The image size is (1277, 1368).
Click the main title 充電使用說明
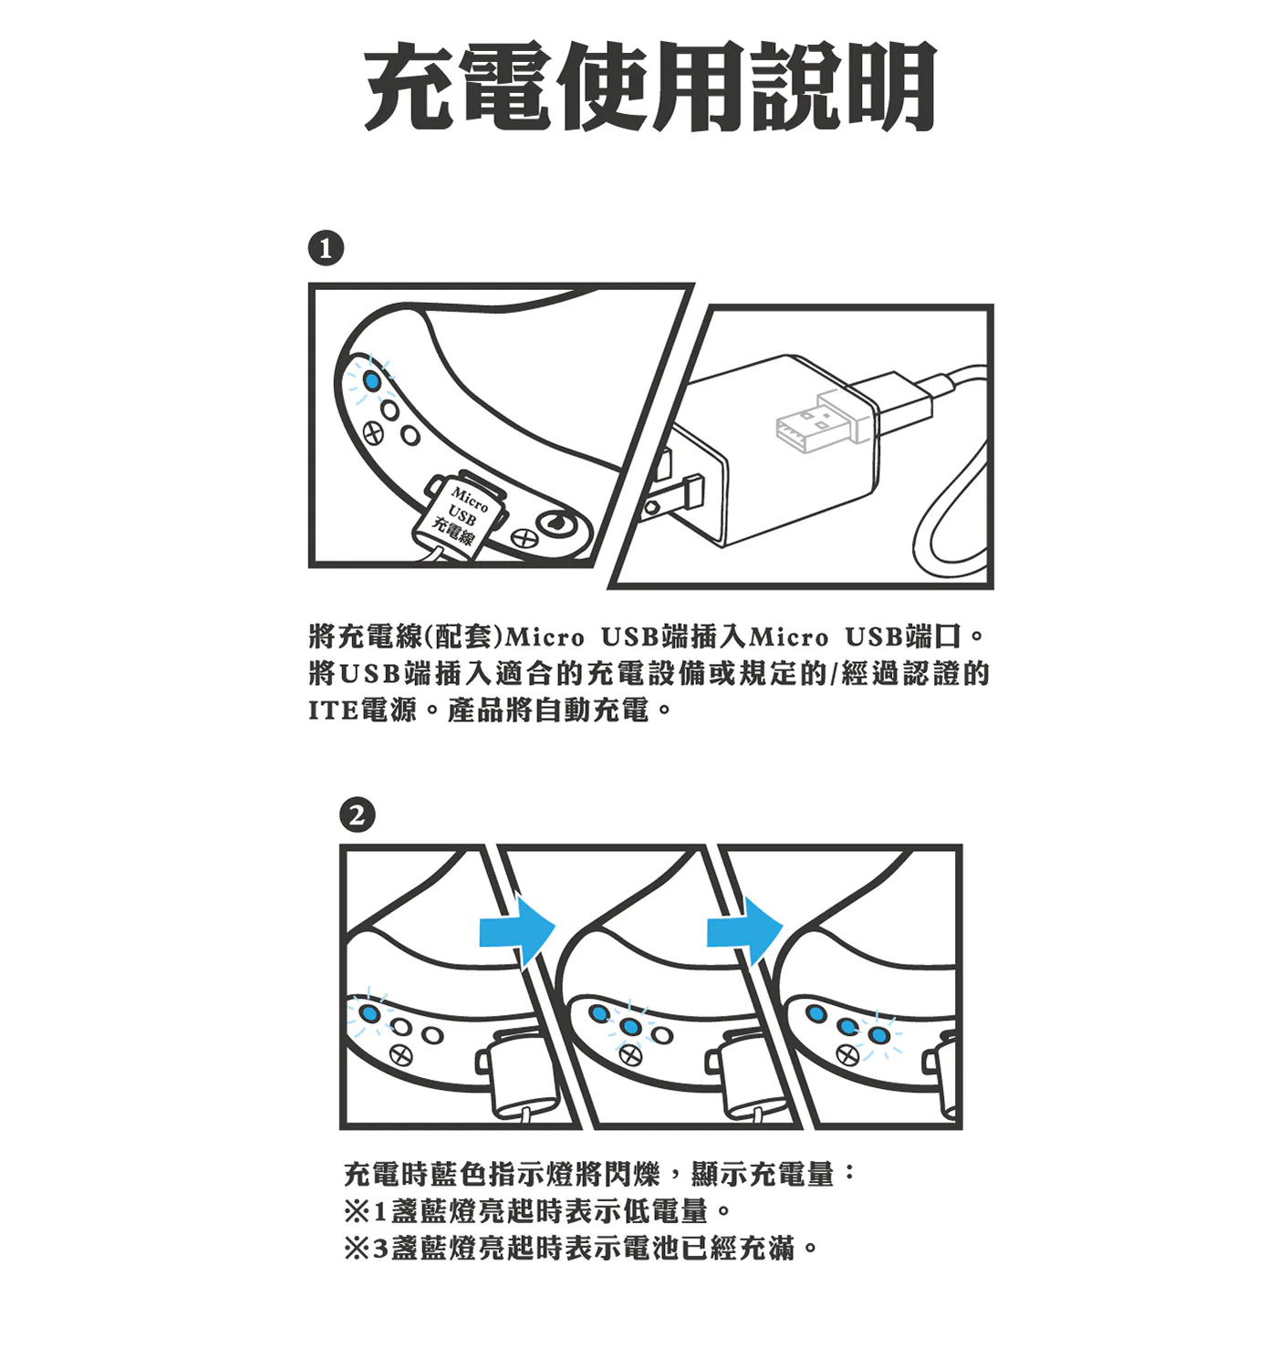point(649,86)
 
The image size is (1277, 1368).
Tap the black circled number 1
point(326,248)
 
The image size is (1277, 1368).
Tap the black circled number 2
point(357,815)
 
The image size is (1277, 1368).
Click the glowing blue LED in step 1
point(371,380)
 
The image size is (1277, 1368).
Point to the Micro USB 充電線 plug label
point(462,515)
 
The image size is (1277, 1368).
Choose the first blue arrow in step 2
point(517,931)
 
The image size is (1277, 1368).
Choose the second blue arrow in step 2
point(744,931)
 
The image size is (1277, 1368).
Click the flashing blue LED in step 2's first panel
point(370,1013)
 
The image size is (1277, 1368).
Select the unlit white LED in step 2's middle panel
point(661,1034)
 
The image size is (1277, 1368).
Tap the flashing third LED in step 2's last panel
point(877,1034)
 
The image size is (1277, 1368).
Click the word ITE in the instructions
point(332,710)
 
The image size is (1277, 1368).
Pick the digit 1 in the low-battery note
point(379,1210)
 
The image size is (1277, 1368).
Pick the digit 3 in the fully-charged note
point(380,1248)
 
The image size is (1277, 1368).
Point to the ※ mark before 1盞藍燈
point(357,1211)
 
